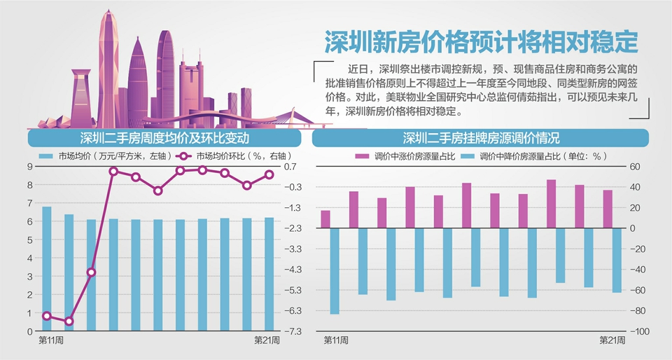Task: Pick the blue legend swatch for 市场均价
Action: pyautogui.click(x=46, y=156)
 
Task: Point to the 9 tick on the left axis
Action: pyautogui.click(x=29, y=166)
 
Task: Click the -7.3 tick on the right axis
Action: pyautogui.click(x=293, y=331)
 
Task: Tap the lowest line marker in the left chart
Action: pyautogui.click(x=69, y=321)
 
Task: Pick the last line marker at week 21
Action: pyautogui.click(x=269, y=175)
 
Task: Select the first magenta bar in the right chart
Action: pyautogui.click(x=325, y=219)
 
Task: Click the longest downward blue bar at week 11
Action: pyautogui.click(x=335, y=270)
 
